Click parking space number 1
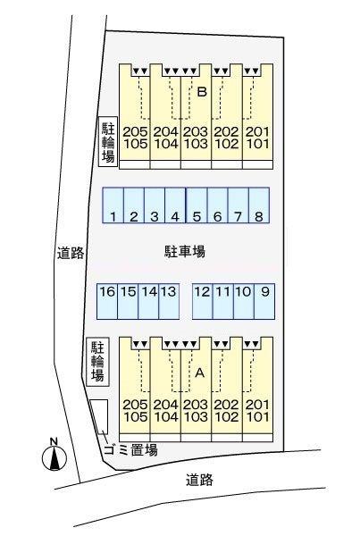point(113,205)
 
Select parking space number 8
point(259,205)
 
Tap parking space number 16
point(107,301)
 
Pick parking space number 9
point(264,301)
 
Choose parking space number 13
point(169,301)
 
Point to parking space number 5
point(197,205)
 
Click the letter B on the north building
point(203,92)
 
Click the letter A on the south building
point(200,373)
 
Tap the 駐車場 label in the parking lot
point(185,252)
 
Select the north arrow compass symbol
point(54,456)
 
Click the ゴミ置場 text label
point(130,449)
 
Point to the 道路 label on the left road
point(71,253)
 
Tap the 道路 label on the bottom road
point(200,480)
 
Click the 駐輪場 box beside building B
point(108,142)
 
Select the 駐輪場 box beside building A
point(97,362)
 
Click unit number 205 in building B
point(136,131)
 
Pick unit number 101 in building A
point(257,416)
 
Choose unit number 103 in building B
point(196,144)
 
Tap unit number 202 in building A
point(226,405)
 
